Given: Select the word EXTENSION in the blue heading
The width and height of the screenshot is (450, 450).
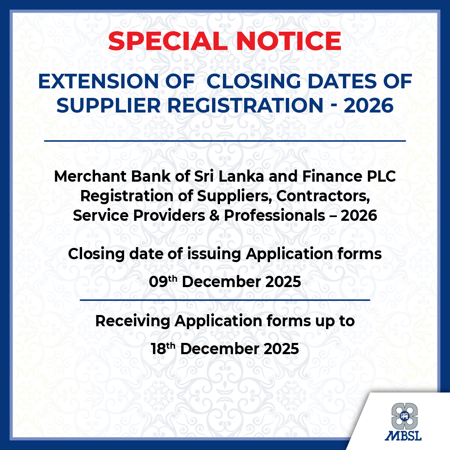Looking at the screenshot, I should point(99,81).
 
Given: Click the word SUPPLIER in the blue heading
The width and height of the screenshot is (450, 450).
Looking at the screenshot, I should point(106,105).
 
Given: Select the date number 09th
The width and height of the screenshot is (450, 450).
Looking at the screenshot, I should point(164,281).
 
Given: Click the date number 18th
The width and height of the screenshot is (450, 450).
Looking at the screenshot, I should point(164,349).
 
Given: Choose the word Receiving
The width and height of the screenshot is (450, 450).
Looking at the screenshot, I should point(133,321).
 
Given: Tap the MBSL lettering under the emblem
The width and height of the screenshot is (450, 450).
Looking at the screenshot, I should point(403,434).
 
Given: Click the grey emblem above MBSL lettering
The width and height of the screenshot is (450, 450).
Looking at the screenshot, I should point(403,416).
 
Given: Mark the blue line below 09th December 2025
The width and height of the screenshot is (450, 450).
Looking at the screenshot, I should point(225,300).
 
